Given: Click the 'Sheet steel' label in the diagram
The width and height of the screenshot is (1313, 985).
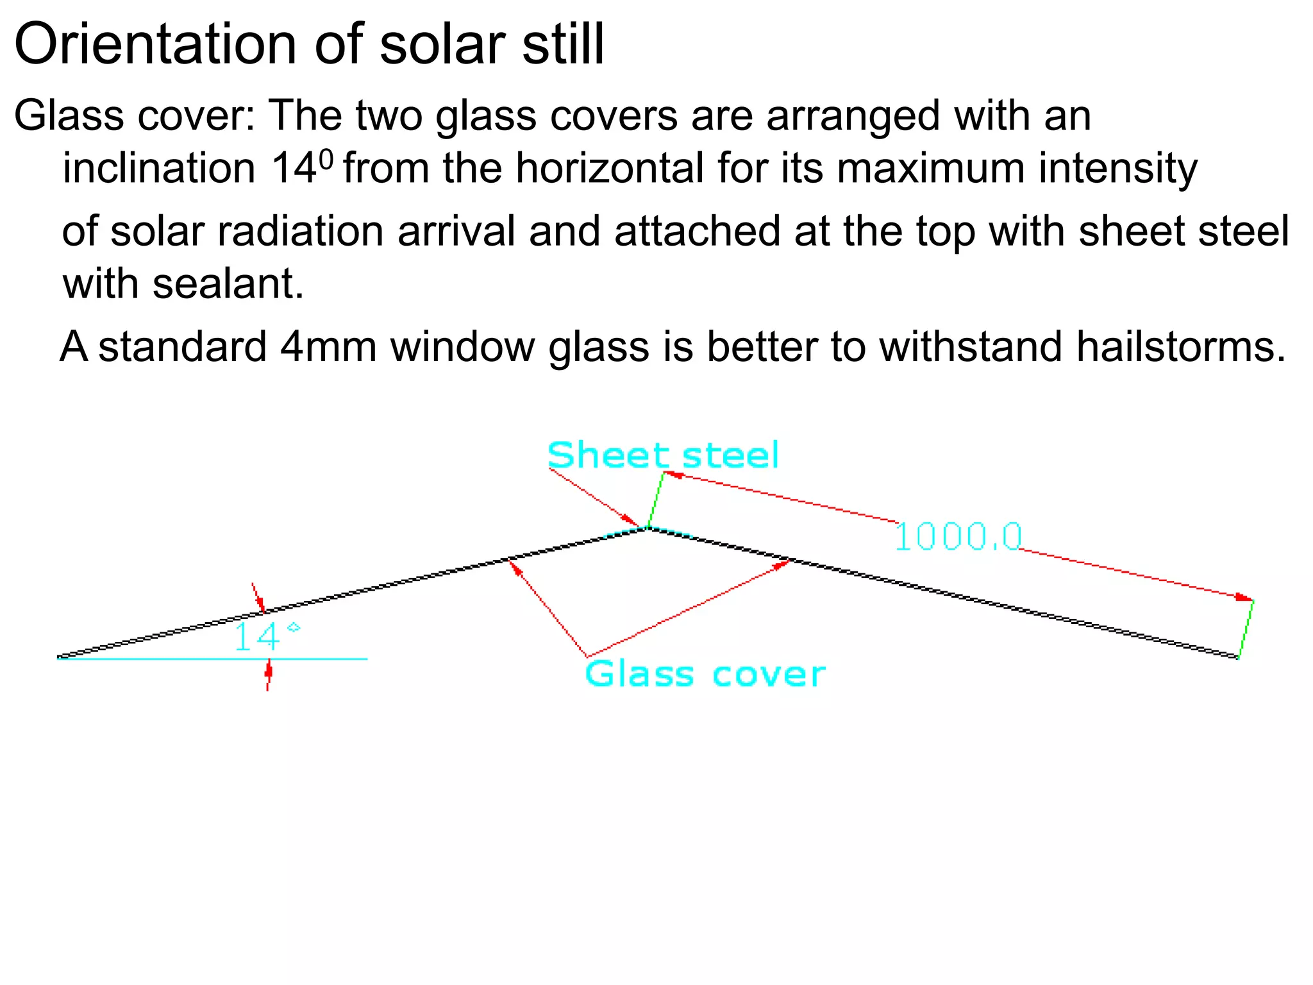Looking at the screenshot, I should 663,455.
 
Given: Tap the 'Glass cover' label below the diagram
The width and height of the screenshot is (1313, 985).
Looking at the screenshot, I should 705,675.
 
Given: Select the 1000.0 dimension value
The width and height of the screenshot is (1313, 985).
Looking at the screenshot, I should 958,537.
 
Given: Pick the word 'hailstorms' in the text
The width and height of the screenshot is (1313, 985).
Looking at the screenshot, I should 1180,347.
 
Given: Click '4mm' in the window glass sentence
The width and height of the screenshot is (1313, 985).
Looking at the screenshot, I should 328,347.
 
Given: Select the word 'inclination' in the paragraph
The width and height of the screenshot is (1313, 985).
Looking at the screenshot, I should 160,169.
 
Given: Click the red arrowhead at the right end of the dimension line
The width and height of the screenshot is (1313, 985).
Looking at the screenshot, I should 1244,598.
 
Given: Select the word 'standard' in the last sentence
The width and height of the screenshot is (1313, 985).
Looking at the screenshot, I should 182,347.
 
